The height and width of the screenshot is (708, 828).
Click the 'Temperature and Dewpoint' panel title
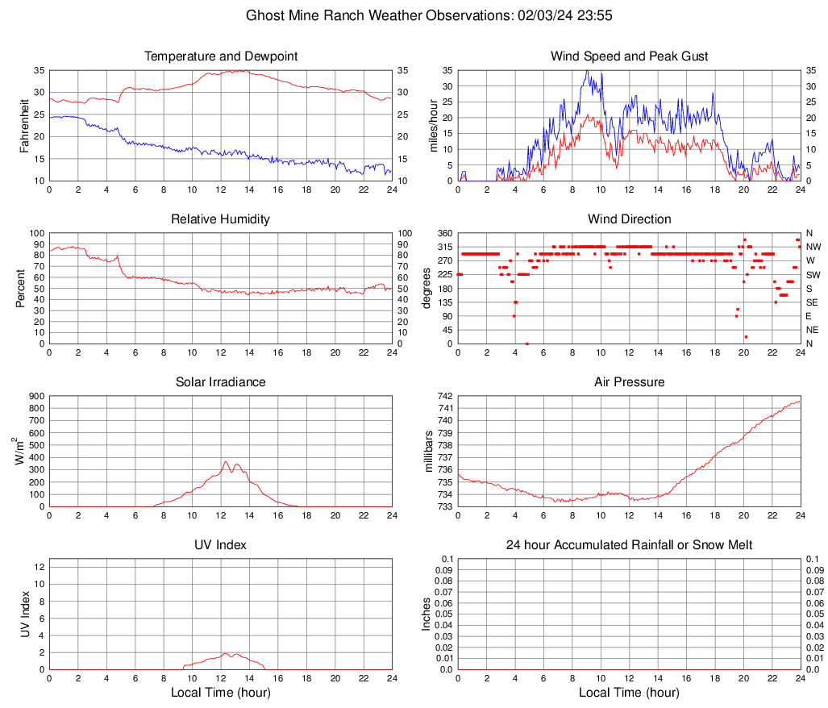tap(220, 56)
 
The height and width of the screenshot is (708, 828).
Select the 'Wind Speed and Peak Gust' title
tap(629, 56)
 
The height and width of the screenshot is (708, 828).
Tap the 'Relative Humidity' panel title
tap(220, 219)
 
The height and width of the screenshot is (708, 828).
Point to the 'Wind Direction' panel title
tap(629, 219)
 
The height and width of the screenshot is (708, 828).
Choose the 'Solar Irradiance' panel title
tap(220, 382)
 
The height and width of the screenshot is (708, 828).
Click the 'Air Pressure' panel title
tap(629, 382)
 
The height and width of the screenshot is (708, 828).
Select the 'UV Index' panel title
tap(220, 545)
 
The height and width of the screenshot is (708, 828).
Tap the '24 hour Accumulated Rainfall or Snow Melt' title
tap(629, 545)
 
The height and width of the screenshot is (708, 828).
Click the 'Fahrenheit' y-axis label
tap(24, 126)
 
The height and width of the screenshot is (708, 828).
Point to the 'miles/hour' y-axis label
tap(433, 126)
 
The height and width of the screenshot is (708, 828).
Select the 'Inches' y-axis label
tap(427, 614)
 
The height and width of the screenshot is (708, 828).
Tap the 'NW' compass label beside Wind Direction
tap(813, 247)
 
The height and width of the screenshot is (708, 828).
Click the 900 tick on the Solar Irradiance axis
tap(35, 396)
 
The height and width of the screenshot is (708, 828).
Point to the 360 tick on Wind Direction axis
tap(443, 233)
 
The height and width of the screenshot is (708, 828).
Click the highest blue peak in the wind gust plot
tap(587, 71)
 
